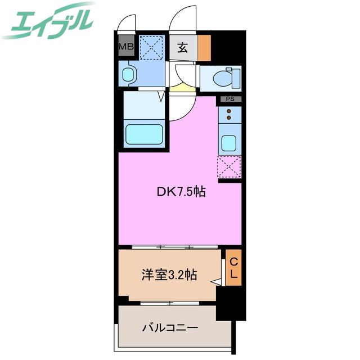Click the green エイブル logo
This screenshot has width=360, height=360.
(x=48, y=22)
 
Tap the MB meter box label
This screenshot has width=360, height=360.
(x=126, y=47)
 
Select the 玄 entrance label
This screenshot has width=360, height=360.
(x=183, y=48)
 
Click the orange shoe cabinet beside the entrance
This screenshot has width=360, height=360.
(x=204, y=48)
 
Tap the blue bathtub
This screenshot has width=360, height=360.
(x=144, y=134)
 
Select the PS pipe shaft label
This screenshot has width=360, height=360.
(x=230, y=99)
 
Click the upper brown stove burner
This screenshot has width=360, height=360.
(x=229, y=111)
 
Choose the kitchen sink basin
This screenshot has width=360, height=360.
(x=229, y=143)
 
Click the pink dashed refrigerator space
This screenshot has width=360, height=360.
(x=229, y=167)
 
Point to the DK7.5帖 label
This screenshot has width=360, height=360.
(x=181, y=191)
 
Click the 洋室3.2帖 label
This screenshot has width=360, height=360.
(x=169, y=274)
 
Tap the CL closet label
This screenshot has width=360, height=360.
(x=233, y=268)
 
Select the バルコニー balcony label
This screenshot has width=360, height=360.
(x=170, y=328)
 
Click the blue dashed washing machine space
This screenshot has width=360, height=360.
(x=152, y=47)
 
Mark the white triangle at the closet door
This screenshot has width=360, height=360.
(x=216, y=282)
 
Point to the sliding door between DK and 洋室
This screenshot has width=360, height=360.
(x=175, y=247)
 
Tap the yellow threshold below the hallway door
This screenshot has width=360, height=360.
(x=182, y=88)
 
